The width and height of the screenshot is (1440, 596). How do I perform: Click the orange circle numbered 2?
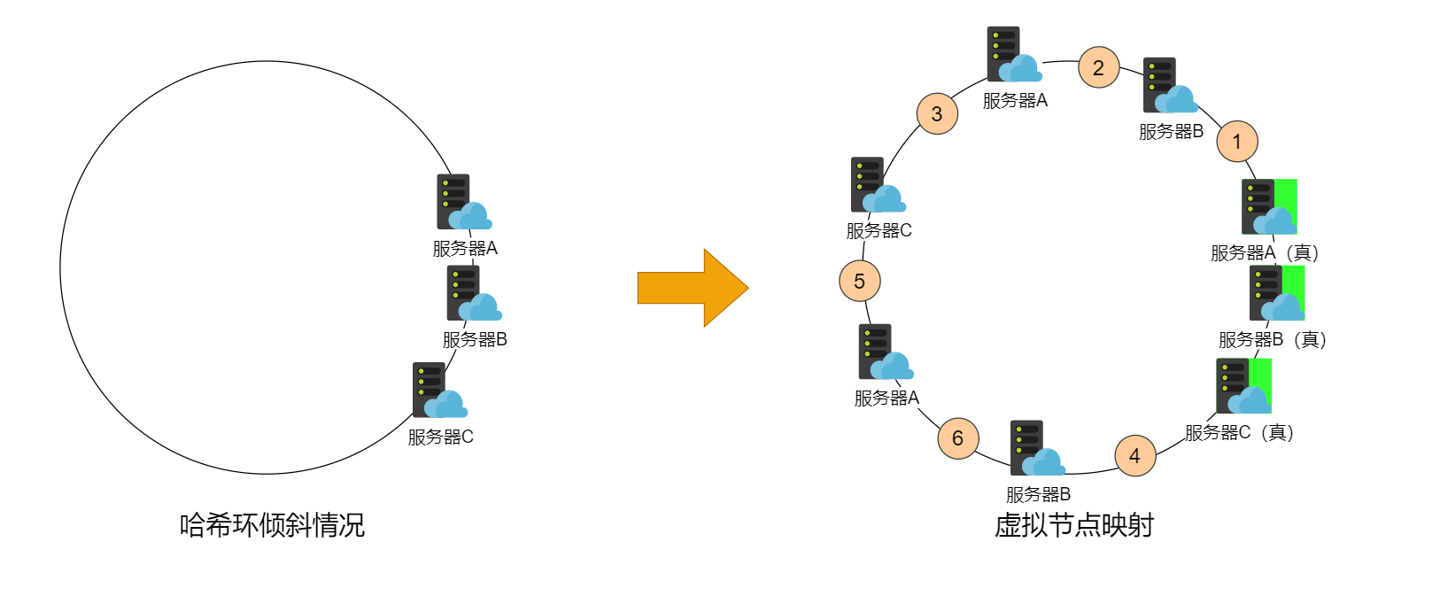tap(1098, 67)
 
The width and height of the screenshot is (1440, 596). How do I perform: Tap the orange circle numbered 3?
tap(937, 113)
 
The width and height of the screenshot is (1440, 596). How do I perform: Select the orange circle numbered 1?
tap(1237, 141)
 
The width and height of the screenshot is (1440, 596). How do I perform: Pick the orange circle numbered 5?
tap(859, 281)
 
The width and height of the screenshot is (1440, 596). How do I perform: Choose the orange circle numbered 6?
tap(958, 437)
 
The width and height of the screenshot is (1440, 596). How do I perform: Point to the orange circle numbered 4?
tap(1134, 455)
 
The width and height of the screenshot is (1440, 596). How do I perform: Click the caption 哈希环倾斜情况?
tap(272, 525)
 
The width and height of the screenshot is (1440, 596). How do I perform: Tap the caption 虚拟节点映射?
tap(1073, 525)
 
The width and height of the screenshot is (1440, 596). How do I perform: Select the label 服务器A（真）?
tap(1265, 252)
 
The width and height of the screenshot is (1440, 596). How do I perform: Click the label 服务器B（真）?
tap(1272, 339)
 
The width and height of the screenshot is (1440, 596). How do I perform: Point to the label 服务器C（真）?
tap(1239, 432)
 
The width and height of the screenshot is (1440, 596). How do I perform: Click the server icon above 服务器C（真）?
tap(1243, 386)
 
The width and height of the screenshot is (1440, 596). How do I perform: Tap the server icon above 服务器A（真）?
tap(1269, 206)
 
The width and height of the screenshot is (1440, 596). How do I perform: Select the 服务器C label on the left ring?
tap(440, 437)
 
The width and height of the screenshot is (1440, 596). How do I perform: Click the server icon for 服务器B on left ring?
tap(474, 294)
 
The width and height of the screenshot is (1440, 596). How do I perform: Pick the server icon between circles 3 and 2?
tap(1014, 55)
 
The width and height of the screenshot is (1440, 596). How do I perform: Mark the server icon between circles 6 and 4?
tap(1037, 448)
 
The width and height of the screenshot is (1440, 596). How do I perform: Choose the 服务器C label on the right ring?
tap(879, 230)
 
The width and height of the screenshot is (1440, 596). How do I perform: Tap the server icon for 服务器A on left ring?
tap(463, 202)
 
